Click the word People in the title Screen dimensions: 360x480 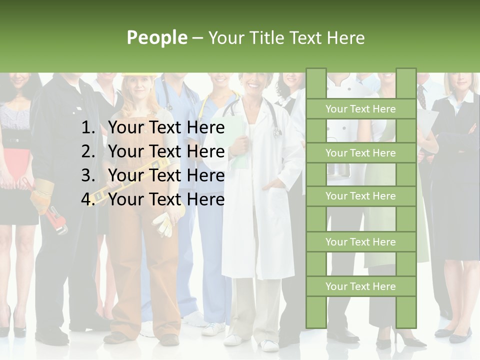point(157,37)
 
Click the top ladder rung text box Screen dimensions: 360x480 point(360,109)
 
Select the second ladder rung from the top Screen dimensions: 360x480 point(360,153)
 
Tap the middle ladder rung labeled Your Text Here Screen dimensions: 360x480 point(360,196)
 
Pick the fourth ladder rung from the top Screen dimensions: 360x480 point(360,242)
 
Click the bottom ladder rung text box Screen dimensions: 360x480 point(360,286)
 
